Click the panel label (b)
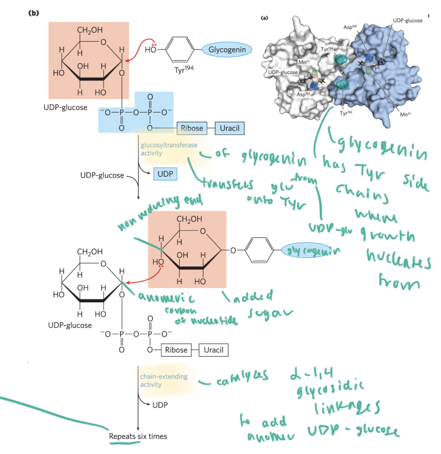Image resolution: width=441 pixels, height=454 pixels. click(x=34, y=13)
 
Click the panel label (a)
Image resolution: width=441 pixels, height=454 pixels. click(x=265, y=18)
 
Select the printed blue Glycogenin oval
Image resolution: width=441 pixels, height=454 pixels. click(x=227, y=50)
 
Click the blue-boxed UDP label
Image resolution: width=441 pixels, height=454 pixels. click(x=165, y=174)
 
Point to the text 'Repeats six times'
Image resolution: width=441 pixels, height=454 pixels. click(x=138, y=436)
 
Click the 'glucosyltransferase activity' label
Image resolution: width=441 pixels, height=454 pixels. click(x=169, y=149)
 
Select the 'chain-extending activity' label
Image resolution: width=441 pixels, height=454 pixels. click(x=164, y=381)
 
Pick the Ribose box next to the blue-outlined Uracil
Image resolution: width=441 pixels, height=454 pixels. click(x=192, y=128)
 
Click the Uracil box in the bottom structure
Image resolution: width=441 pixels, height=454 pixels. click(x=213, y=350)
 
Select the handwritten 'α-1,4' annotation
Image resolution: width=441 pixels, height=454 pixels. click(x=311, y=373)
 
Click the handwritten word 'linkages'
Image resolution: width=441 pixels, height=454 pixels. click(x=347, y=407)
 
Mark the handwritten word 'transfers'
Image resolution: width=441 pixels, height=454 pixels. click(x=228, y=184)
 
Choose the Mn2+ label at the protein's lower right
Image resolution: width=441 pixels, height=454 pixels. click(x=405, y=114)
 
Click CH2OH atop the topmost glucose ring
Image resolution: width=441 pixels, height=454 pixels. click(x=90, y=30)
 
